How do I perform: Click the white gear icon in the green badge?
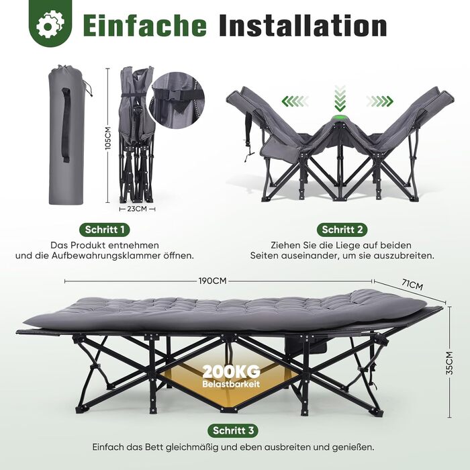click(x=50, y=25)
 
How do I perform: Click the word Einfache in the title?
click(x=145, y=26)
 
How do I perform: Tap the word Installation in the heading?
click(x=303, y=26)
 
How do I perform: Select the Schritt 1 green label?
click(x=105, y=230)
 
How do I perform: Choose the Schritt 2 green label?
click(x=342, y=230)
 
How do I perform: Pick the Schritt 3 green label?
click(x=233, y=431)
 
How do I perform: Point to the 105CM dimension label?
click(x=108, y=138)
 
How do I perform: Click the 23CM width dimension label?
click(x=137, y=209)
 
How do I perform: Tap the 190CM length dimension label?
click(x=212, y=281)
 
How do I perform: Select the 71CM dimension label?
click(x=412, y=285)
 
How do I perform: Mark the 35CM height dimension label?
click(x=450, y=363)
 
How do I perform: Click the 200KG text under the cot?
click(x=232, y=372)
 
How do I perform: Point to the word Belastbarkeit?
click(x=231, y=384)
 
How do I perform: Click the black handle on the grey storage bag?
click(x=66, y=126)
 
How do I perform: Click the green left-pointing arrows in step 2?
click(x=295, y=101)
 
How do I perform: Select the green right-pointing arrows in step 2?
click(x=379, y=101)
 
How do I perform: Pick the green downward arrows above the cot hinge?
click(x=340, y=98)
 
